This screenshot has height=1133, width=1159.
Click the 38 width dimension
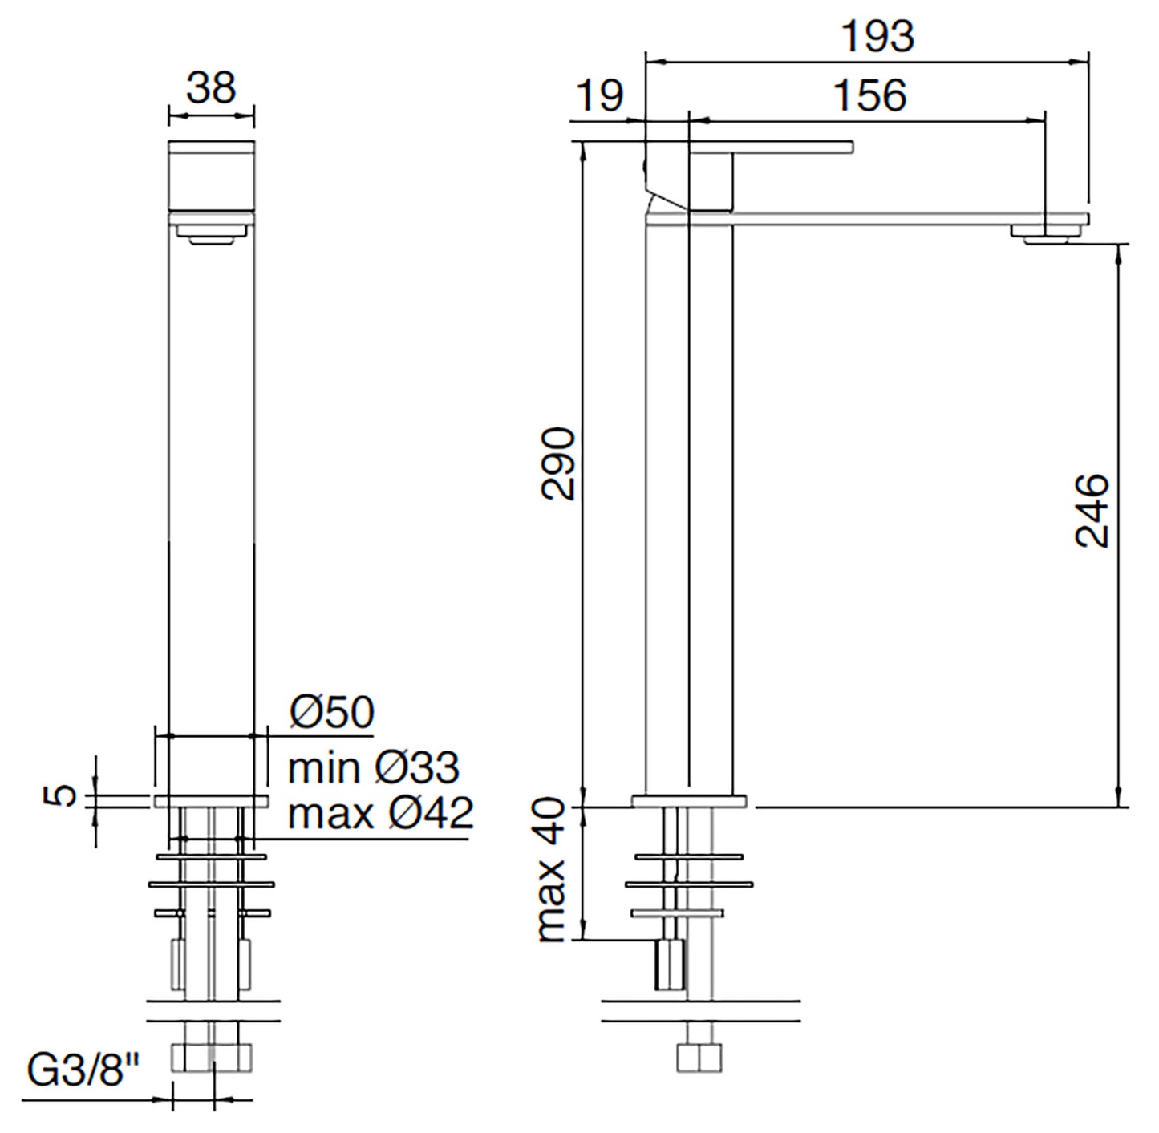211,87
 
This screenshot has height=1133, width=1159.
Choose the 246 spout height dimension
1092,511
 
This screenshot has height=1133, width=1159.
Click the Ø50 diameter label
332,711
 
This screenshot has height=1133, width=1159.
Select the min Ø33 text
373,767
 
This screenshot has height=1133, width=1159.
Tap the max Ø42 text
381,814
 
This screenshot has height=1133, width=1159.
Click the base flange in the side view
689,800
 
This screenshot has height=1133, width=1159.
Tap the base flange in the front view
211,801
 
